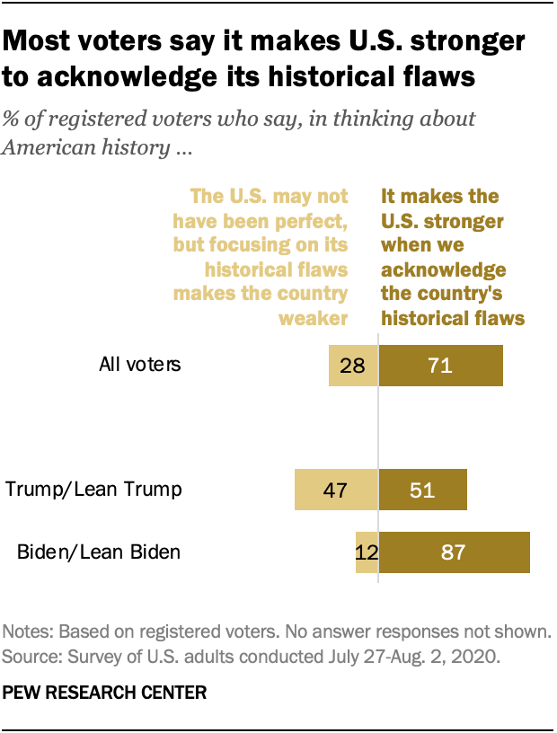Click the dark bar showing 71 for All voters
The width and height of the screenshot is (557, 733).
(x=440, y=365)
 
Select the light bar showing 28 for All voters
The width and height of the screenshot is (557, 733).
(x=353, y=365)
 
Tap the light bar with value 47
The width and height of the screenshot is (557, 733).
(x=336, y=490)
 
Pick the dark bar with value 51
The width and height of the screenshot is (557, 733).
(x=422, y=490)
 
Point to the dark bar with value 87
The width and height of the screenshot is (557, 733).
(x=454, y=551)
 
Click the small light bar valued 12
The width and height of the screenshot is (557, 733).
(x=367, y=551)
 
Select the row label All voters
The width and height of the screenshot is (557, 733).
(x=140, y=365)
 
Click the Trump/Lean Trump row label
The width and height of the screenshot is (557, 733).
(x=93, y=490)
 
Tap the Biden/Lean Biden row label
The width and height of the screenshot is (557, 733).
(x=99, y=551)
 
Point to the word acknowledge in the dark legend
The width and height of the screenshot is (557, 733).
(x=444, y=270)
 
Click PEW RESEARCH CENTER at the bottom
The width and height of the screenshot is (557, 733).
(x=105, y=693)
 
